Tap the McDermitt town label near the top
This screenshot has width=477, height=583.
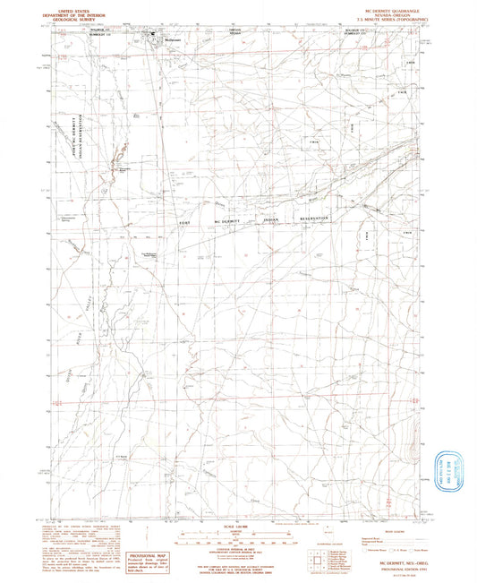tap(162, 39)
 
